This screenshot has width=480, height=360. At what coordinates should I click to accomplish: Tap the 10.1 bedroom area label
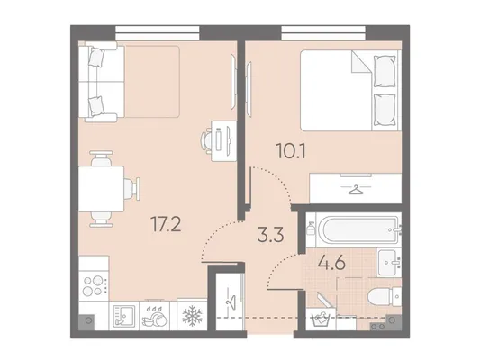click(x=291, y=151)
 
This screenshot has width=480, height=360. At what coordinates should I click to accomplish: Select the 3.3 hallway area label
click(x=271, y=235)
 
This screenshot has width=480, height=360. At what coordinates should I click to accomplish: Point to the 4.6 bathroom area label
click(x=331, y=263)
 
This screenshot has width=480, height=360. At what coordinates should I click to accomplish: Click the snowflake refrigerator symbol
click(x=192, y=315)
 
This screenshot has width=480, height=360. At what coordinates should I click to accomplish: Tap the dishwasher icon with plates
click(x=154, y=316)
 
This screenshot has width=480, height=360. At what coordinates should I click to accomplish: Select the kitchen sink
click(x=124, y=316)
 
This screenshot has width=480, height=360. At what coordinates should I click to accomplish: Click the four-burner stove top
click(x=94, y=285)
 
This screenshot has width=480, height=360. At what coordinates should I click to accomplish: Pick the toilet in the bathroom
click(x=385, y=296)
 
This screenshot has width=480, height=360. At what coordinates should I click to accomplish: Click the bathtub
click(x=358, y=230)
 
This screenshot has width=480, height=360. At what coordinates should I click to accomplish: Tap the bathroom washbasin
click(x=389, y=263)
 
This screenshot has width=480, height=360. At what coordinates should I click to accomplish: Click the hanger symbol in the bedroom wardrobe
click(x=356, y=190)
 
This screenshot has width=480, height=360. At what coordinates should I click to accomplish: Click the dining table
click(x=101, y=189)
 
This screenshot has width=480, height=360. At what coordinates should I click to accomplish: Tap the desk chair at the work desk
click(x=206, y=141)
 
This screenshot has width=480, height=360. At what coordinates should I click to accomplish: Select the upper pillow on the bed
click(x=385, y=71)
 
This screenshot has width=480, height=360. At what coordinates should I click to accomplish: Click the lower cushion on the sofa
click(x=95, y=106)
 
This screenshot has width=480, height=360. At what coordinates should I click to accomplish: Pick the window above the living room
click(x=158, y=33)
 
